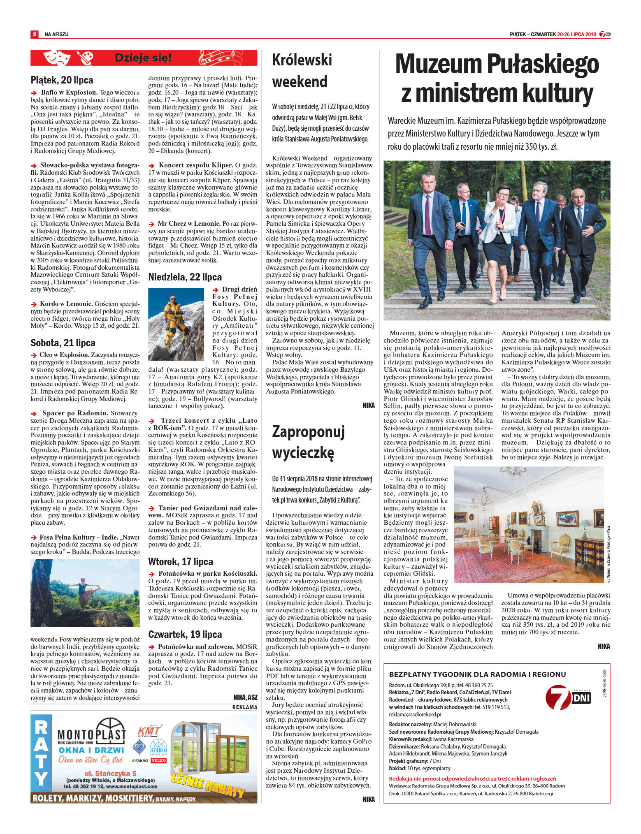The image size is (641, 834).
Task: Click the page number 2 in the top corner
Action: pyautogui.click(x=35, y=34)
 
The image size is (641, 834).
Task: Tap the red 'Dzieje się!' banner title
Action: pyautogui.click(x=143, y=58)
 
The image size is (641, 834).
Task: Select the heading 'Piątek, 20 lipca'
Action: pyautogui.click(x=62, y=80)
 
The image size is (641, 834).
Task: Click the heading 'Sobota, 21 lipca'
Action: pyautogui.click(x=63, y=343)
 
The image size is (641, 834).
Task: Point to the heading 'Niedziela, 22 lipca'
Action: pyautogui.click(x=185, y=277)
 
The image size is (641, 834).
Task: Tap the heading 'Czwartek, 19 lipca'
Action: pyautogui.click(x=185, y=635)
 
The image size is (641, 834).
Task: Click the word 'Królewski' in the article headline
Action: pyautogui.click(x=302, y=60)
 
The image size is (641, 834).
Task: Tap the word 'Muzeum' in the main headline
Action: pyautogui.click(x=439, y=65)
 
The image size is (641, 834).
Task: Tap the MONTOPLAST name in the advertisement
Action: pyautogui.click(x=91, y=735)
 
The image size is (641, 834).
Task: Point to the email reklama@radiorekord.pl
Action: pyautogui.click(x=415, y=715)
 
